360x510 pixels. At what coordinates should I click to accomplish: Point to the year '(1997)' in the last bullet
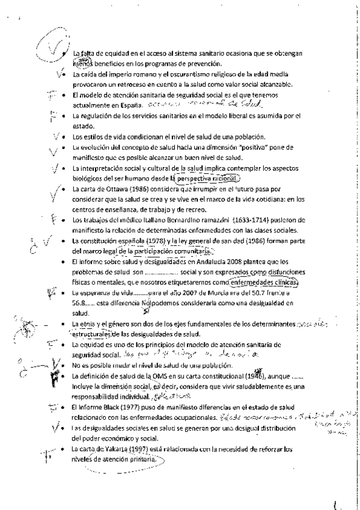tap(134, 449)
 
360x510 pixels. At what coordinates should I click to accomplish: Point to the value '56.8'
tap(78, 304)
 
